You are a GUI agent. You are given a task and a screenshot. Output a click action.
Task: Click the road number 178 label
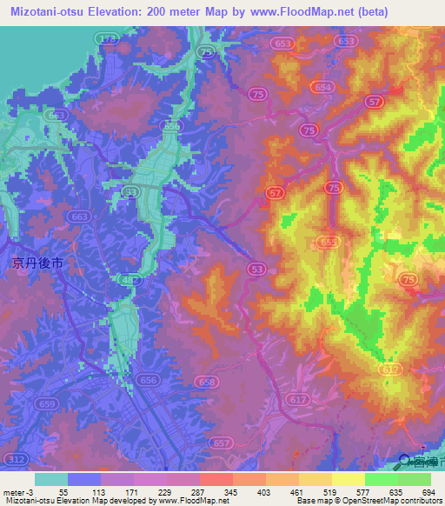[x=108, y=40]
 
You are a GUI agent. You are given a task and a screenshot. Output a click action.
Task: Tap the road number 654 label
[x=324, y=87]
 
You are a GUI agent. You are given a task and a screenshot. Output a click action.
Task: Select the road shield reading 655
[x=329, y=242]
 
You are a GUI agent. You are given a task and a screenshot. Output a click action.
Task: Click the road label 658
[x=207, y=382]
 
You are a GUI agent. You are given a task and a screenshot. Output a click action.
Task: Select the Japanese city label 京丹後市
[x=36, y=262]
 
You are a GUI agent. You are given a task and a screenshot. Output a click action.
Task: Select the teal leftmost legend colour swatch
[x=51, y=479]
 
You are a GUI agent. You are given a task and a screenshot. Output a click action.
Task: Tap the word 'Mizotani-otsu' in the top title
[x=48, y=10]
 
